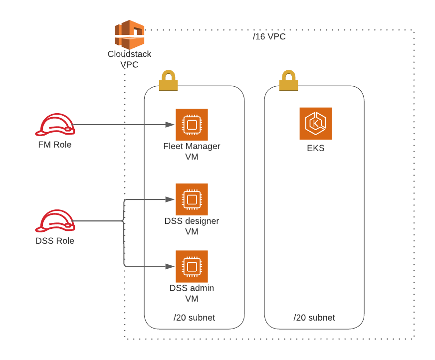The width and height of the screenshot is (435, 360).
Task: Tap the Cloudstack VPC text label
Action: (x=129, y=59)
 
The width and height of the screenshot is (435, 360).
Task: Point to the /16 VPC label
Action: (x=269, y=36)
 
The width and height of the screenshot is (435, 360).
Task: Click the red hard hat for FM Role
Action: (x=55, y=125)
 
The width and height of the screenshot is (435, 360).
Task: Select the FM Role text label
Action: (x=55, y=145)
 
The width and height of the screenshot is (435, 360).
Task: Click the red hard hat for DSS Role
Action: (x=55, y=221)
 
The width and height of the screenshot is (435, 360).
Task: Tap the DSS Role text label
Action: (x=55, y=241)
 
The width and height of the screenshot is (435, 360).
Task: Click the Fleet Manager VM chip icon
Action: (x=192, y=125)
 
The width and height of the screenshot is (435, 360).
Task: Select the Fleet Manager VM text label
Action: (x=192, y=152)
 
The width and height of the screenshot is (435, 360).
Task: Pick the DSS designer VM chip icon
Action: (x=192, y=199)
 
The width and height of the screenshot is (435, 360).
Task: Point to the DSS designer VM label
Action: (x=192, y=226)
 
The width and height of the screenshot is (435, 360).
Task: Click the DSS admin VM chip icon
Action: (x=192, y=266)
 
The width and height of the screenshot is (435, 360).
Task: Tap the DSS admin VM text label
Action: (x=192, y=293)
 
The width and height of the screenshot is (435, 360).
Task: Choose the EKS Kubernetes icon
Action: (x=315, y=124)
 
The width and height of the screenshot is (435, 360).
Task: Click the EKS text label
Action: (x=315, y=148)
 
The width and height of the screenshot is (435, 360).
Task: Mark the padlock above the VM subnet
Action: (x=169, y=80)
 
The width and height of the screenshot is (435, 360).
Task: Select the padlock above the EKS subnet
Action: (x=288, y=80)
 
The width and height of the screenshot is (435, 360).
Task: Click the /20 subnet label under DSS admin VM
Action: (x=194, y=318)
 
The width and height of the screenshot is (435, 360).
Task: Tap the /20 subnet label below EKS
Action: (x=314, y=318)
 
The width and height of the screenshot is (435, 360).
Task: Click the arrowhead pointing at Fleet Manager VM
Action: (x=170, y=125)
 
